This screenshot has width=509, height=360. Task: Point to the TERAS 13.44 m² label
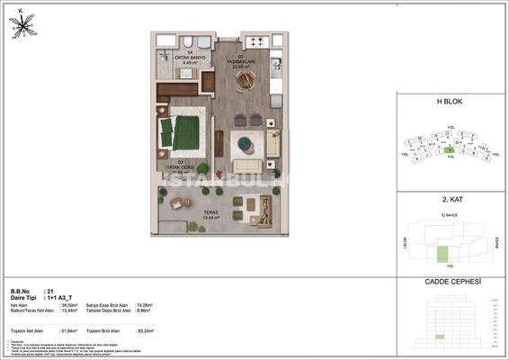(211, 216)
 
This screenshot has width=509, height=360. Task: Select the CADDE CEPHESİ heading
(450, 282)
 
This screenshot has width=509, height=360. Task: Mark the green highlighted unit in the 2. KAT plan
(441, 253)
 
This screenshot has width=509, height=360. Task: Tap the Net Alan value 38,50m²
(67, 306)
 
